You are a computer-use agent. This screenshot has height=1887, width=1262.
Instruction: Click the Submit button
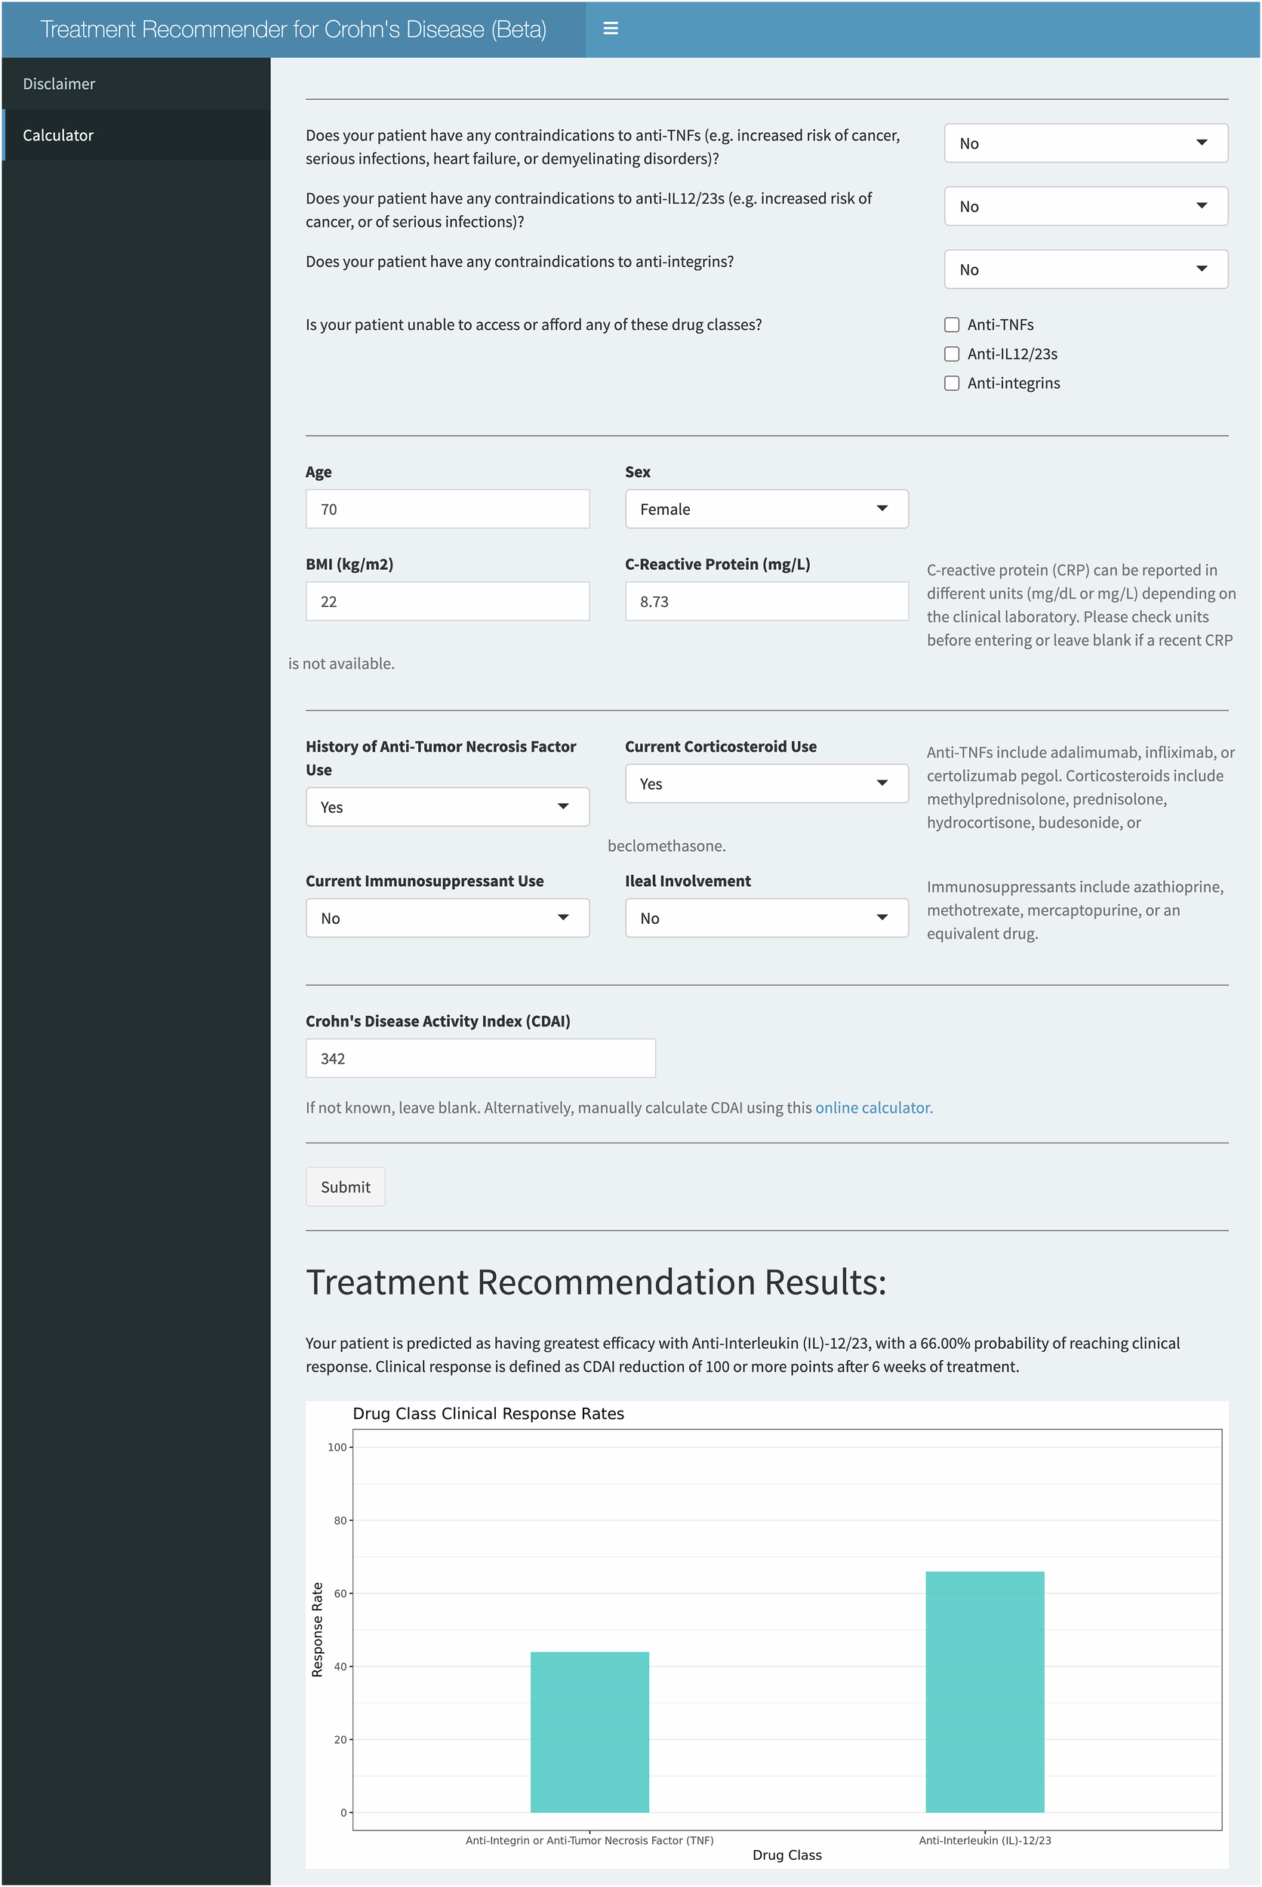(345, 1186)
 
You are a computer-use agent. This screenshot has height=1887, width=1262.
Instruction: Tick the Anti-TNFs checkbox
(951, 325)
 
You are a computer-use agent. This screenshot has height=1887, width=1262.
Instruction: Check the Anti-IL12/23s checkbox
(951, 354)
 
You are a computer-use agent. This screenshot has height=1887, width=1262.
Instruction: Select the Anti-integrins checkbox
(951, 383)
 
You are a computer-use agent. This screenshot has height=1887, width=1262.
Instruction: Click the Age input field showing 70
(447, 509)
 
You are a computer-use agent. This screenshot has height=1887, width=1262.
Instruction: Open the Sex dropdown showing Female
(766, 509)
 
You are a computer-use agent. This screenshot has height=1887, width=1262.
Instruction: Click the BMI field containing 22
(447, 601)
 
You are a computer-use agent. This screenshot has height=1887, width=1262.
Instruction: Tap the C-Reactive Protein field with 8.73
(766, 601)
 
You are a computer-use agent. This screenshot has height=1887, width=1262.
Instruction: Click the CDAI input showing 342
(480, 1058)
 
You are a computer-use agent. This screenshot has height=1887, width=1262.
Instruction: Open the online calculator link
(873, 1107)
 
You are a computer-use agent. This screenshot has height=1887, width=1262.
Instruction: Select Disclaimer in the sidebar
(59, 84)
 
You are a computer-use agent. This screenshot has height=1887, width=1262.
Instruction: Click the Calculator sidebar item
(58, 135)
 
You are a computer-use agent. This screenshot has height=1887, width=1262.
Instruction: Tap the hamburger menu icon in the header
(611, 28)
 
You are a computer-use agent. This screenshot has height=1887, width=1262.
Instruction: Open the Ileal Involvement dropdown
(766, 918)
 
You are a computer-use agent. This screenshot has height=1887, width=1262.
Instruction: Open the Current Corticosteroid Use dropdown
(766, 783)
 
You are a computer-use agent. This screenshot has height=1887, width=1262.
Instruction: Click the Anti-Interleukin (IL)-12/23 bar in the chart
(984, 1690)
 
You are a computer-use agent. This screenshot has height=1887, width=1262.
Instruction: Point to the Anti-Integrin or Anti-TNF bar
(589, 1730)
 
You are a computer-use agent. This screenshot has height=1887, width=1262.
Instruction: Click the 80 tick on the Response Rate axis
(340, 1520)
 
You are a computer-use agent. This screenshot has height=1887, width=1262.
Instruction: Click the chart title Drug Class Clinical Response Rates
(488, 1414)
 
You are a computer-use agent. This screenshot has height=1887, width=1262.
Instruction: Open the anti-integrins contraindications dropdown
(1085, 269)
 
